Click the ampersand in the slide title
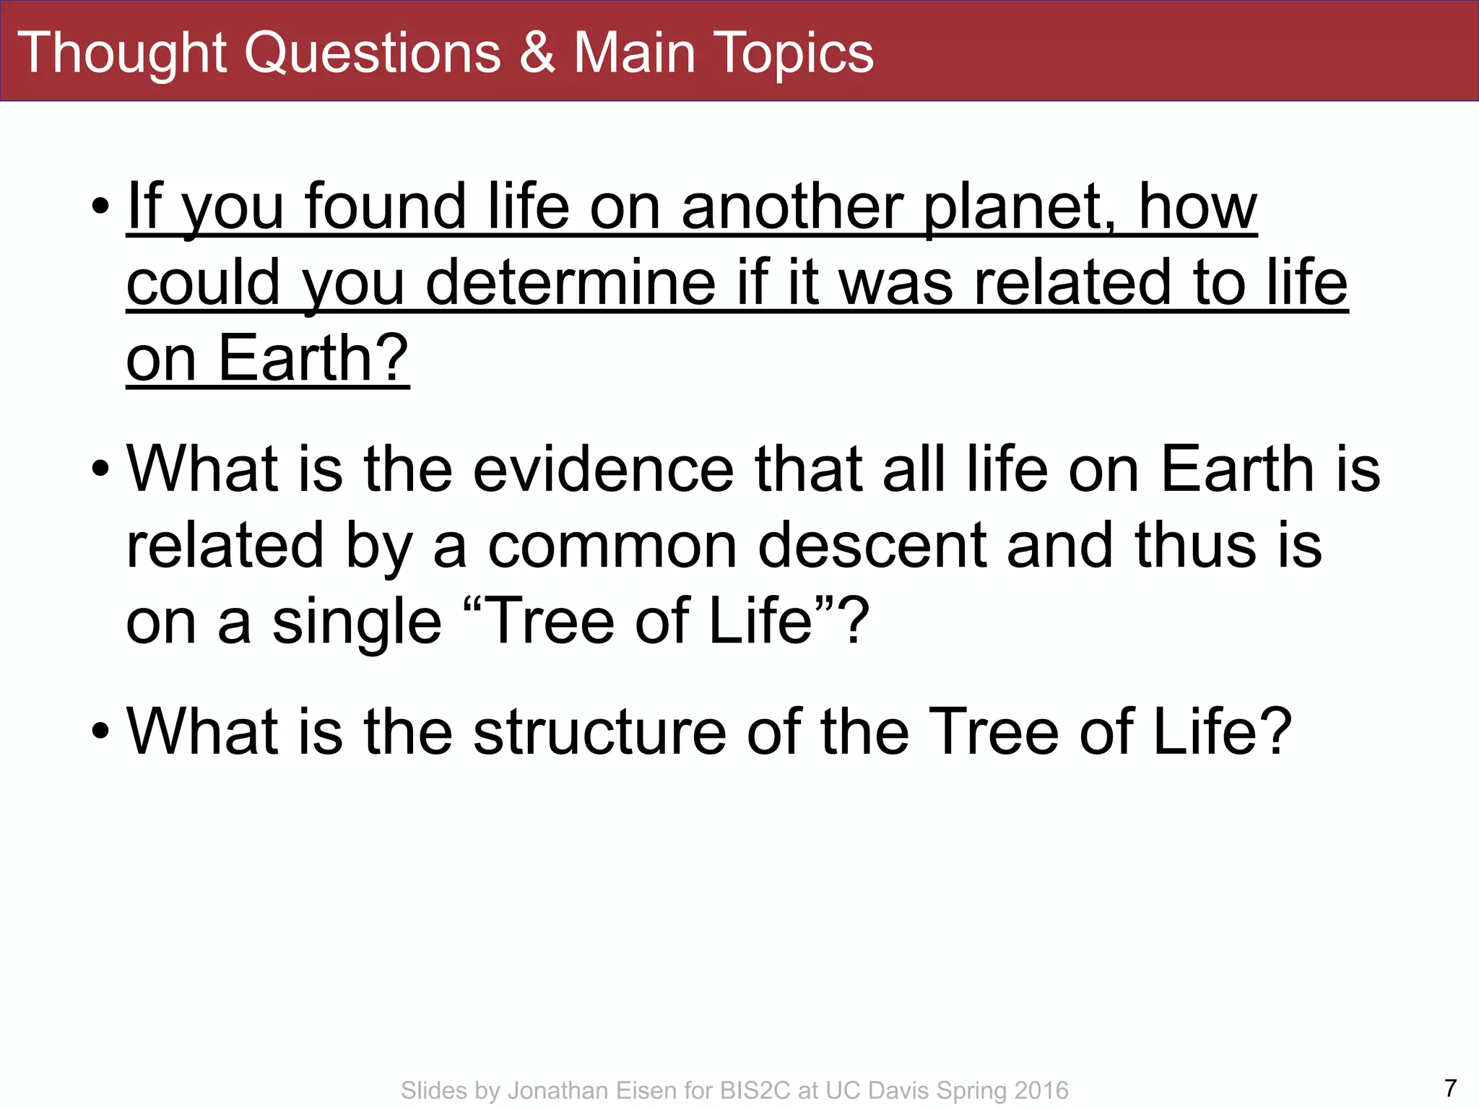point(537,53)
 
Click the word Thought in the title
point(121,53)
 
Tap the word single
point(357,622)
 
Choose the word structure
point(599,732)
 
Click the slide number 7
point(1450,1087)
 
